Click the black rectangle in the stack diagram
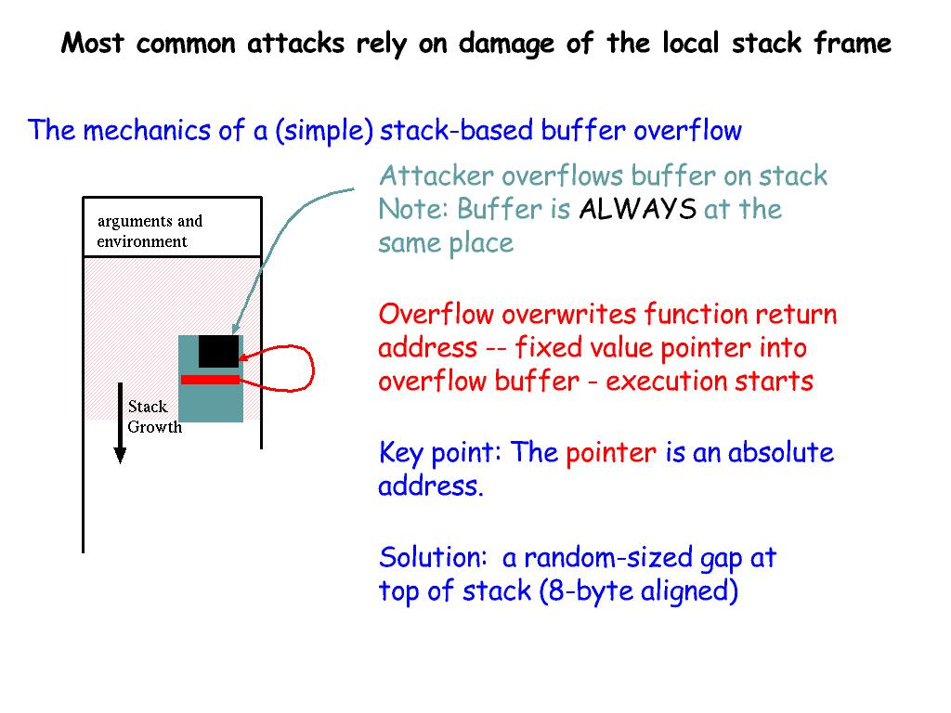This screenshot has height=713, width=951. pos(219,351)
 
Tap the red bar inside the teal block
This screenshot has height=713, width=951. pos(211,380)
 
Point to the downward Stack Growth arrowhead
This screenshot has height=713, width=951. pos(120,454)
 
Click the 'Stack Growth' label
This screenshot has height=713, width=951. pos(153,417)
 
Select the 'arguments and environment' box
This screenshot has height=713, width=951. pos(172,227)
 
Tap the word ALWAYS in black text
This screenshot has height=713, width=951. pos(637,210)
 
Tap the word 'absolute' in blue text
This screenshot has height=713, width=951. pos(780,453)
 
